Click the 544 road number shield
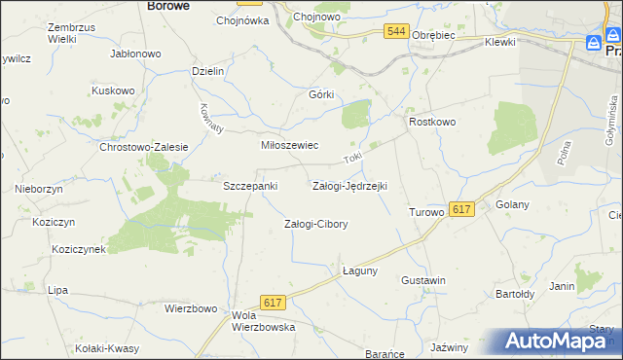(x=395, y=32)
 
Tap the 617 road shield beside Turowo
(x=461, y=209)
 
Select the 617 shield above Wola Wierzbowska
(x=273, y=304)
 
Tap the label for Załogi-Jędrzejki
(x=349, y=185)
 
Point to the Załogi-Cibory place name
(x=315, y=224)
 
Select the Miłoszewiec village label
(x=288, y=145)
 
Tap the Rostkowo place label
(x=432, y=122)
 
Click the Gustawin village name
(x=423, y=280)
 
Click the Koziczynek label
(x=80, y=249)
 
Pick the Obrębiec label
(x=434, y=35)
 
